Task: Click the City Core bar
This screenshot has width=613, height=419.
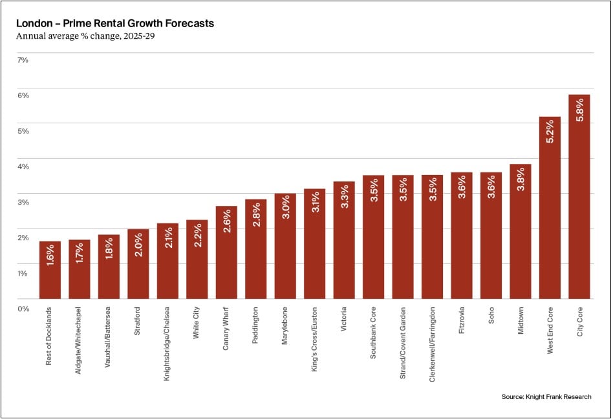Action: click(579, 197)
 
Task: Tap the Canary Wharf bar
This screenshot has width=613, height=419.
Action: click(226, 252)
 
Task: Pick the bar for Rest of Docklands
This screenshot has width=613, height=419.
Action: click(50, 270)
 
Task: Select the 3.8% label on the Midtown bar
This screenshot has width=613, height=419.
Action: click(521, 179)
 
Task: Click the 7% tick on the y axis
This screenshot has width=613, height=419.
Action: click(23, 60)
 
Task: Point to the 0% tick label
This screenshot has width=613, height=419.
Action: click(23, 309)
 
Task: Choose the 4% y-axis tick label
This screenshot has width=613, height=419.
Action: click(23, 167)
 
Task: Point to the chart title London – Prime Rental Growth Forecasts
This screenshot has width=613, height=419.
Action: click(115, 24)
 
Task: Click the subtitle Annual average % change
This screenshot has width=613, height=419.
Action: click(85, 36)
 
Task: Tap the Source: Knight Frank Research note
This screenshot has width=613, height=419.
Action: click(546, 396)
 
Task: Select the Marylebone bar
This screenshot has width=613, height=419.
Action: click(285, 246)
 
